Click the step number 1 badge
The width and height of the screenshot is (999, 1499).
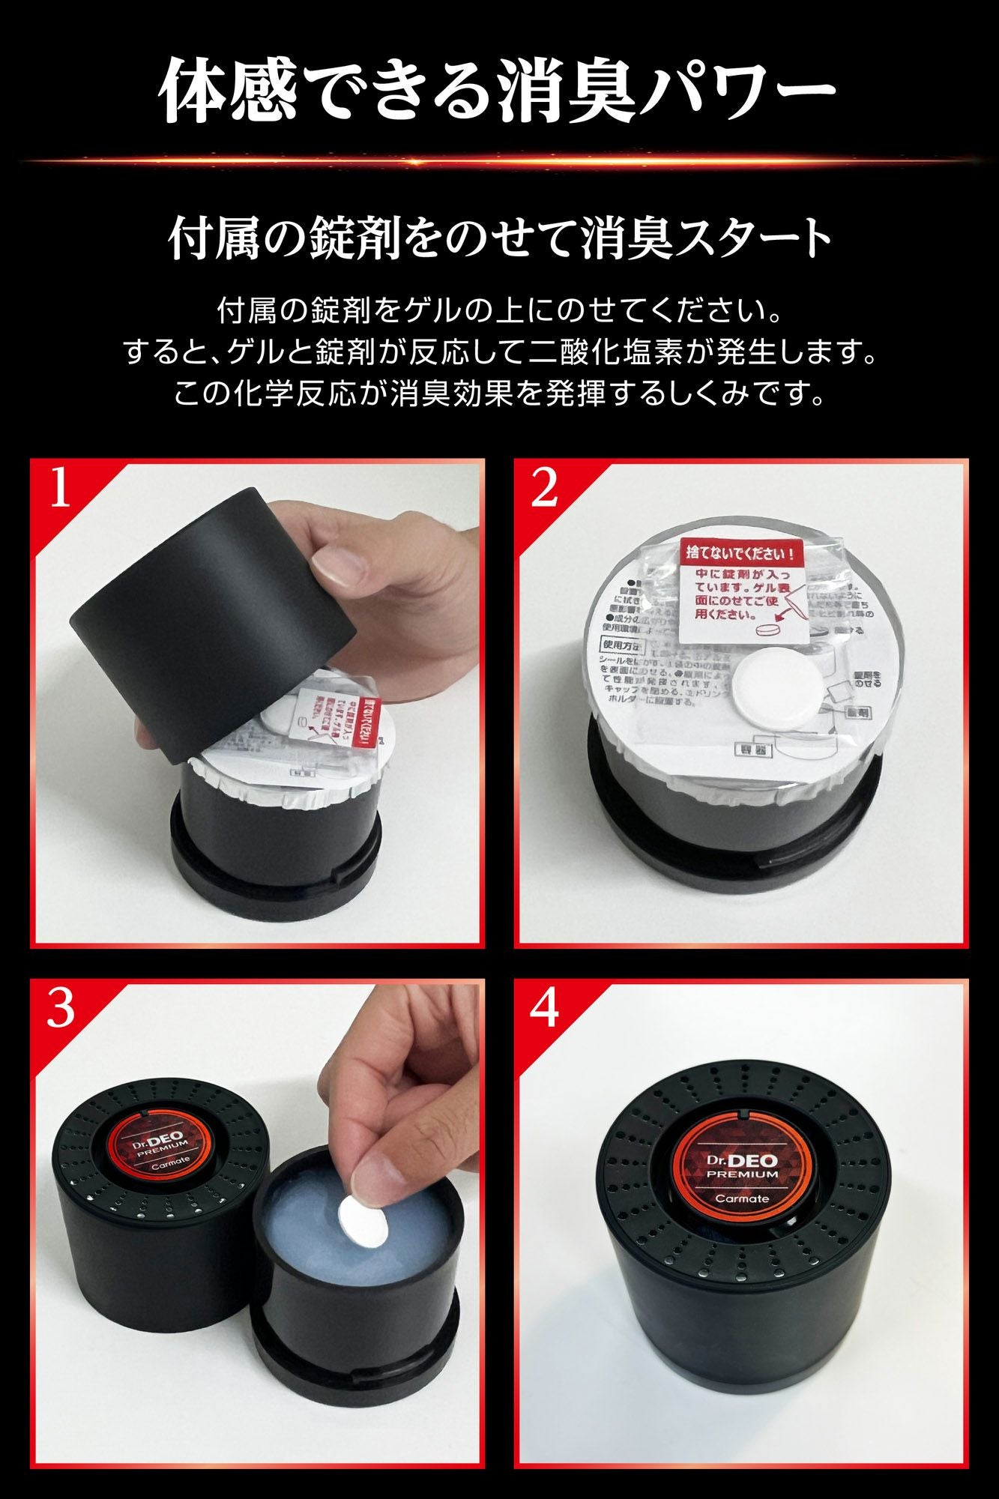point(59,489)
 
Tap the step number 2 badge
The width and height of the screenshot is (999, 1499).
point(543,489)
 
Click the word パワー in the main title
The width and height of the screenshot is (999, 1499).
point(749,88)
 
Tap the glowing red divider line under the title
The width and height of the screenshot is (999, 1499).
point(499,160)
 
